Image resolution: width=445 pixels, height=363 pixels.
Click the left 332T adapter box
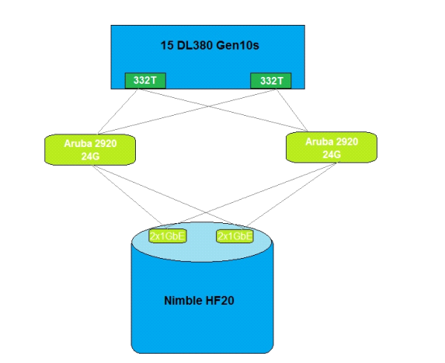[x=145, y=81]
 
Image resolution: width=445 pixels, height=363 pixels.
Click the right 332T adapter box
[x=271, y=81]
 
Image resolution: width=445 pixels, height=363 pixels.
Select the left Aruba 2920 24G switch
[x=90, y=150]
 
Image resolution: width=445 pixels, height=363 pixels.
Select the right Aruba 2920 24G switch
[x=332, y=148]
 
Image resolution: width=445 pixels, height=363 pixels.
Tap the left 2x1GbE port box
[x=168, y=236]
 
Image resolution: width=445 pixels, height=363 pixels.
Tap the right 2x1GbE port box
[x=235, y=236]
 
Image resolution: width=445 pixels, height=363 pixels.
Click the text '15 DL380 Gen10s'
[x=210, y=45]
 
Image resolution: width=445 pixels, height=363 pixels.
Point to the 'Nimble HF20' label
[x=200, y=301]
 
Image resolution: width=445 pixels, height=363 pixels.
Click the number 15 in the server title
[x=167, y=45]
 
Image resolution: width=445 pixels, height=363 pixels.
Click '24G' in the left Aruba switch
[x=90, y=156]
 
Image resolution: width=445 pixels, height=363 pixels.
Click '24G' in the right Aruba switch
[x=332, y=154]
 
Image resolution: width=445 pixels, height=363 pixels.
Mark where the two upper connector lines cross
[x=209, y=106]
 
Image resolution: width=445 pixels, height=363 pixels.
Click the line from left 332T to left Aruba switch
[x=117, y=112]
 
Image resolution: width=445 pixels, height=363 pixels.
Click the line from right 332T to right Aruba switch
[x=292, y=110]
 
